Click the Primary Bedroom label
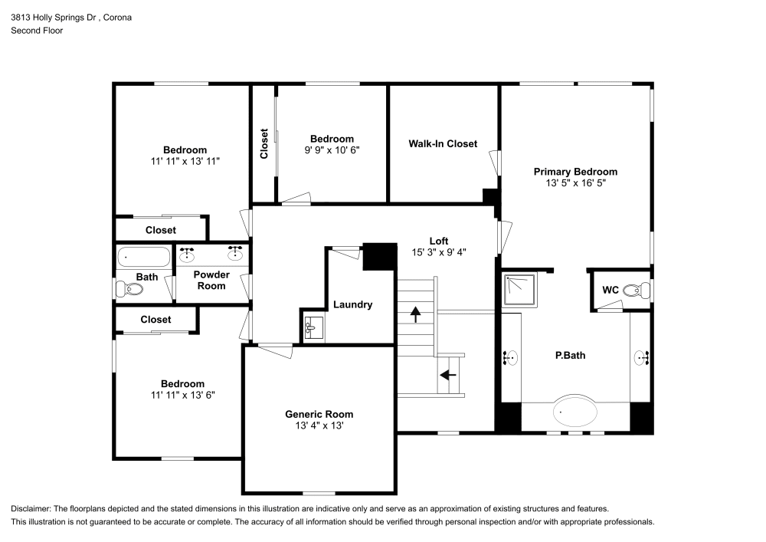575,172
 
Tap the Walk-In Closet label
442,143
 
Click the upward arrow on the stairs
416,313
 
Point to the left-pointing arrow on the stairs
447,375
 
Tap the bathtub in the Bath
144,256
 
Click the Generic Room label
319,414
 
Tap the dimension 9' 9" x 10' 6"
332,150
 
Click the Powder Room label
211,280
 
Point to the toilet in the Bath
129,290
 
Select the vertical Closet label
264,143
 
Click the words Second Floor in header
37,31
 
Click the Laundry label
352,304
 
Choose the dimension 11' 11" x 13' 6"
182,395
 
